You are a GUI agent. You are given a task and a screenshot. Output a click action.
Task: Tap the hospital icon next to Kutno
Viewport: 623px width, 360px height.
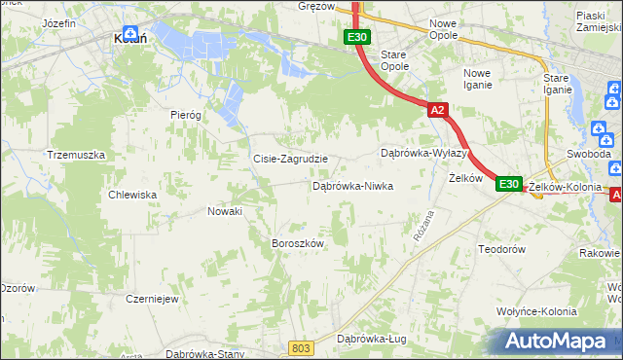pos(129,29)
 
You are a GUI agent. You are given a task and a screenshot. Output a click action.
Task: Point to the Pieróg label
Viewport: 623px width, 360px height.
pos(185,114)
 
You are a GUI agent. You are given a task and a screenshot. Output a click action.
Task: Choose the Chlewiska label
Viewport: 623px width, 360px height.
pos(133,195)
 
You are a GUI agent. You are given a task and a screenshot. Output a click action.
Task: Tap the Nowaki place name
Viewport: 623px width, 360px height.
pos(225,210)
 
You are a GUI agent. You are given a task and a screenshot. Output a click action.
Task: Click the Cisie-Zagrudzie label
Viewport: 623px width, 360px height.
pos(290,159)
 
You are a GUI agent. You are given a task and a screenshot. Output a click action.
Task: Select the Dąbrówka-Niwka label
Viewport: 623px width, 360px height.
pos(352,186)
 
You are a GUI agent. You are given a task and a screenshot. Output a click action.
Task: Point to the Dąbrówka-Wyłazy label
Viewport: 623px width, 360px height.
pos(424,154)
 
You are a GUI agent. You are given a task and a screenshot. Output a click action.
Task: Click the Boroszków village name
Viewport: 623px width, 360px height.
pos(297,243)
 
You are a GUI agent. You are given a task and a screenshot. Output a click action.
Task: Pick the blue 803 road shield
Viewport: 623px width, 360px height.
pos(303,347)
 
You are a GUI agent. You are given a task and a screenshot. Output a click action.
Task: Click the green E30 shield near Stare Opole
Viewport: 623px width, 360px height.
pos(356,37)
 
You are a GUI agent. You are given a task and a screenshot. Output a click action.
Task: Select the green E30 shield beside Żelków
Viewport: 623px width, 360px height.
pos(509,183)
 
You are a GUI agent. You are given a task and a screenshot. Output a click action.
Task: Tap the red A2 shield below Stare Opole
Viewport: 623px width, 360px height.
pos(437,110)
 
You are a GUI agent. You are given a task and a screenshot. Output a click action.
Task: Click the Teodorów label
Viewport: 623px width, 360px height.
pos(502,250)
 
